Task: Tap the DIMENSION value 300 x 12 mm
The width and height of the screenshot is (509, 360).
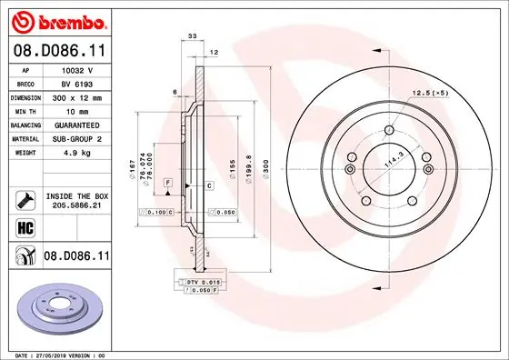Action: point(77,96)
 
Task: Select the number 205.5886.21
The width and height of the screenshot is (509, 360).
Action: point(76,206)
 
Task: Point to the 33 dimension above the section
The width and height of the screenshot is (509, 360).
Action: point(192,35)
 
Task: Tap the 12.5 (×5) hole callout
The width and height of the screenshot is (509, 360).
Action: point(430,94)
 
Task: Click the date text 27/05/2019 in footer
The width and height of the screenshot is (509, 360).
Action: point(54,354)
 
